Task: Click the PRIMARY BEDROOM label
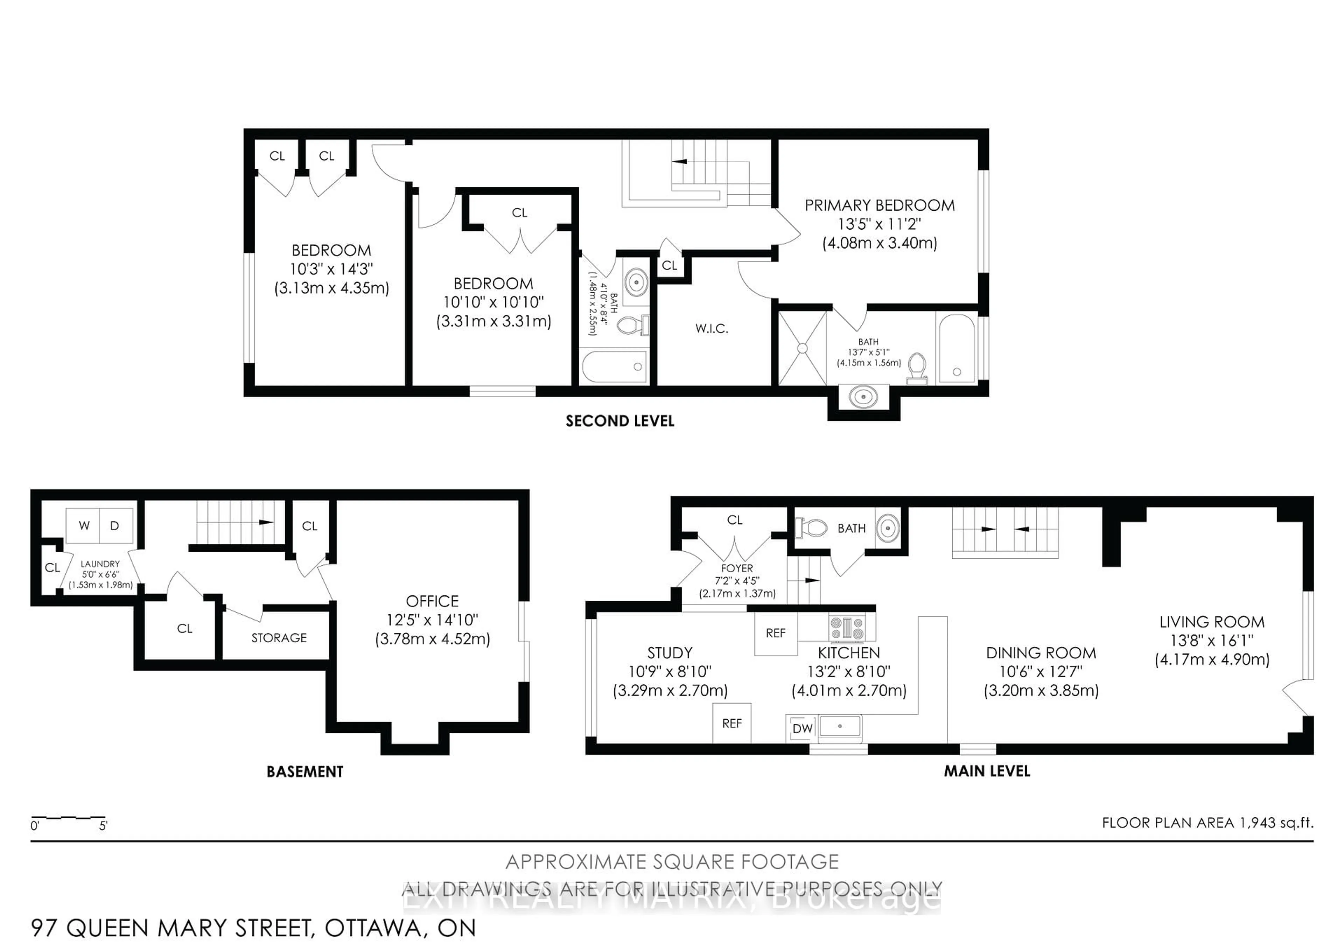coord(879,205)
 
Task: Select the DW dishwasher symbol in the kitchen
coord(802,728)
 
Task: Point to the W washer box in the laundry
coord(84,526)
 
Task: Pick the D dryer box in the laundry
coord(115,526)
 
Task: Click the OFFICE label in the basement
coord(432,601)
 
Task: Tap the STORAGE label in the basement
coord(279,637)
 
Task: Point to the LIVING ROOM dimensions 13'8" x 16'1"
coord(1212,640)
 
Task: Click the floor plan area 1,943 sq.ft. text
coord(1207,822)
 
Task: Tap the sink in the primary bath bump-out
coord(863,397)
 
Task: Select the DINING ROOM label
coord(1041,653)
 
